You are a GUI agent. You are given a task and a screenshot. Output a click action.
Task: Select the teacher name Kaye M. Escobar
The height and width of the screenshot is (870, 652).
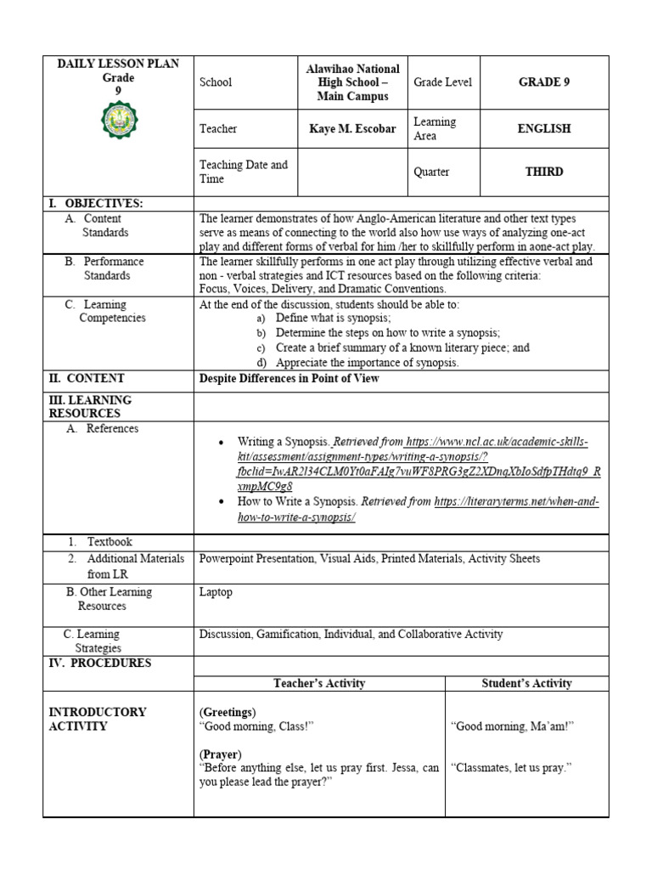[x=351, y=129]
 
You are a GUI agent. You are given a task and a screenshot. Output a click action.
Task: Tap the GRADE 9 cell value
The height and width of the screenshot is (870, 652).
[x=544, y=82]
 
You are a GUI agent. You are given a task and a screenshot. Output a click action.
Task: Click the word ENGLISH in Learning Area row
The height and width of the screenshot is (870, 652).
[x=544, y=129]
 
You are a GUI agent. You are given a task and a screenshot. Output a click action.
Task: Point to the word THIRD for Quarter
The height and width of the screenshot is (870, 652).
[x=544, y=172]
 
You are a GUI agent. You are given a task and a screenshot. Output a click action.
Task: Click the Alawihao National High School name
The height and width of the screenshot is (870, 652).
[x=351, y=82]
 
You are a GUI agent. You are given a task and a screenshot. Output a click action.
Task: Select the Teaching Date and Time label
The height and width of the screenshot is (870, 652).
[x=244, y=172]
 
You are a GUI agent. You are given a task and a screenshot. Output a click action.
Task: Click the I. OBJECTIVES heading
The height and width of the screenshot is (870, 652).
[x=96, y=203]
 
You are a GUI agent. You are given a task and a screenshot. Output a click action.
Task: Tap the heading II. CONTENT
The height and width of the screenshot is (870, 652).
[x=87, y=379]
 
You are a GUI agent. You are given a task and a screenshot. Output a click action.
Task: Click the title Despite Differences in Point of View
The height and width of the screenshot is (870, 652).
[x=289, y=379]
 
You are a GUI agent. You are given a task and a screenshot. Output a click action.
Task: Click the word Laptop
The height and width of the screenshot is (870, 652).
[x=216, y=592]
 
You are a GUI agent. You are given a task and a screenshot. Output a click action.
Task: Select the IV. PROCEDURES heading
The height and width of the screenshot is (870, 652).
[x=99, y=663]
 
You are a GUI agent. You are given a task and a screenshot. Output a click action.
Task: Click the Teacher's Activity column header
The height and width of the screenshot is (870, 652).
[x=319, y=683]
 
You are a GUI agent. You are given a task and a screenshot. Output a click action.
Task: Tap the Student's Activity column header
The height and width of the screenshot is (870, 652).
[x=526, y=683]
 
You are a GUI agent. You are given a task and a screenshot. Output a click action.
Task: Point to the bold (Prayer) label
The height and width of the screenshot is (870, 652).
[x=221, y=754]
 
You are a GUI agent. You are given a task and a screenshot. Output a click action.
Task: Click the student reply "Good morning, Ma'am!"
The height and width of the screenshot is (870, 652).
[x=512, y=726]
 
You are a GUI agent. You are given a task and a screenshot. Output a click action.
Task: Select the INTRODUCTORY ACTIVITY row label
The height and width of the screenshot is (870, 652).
[x=98, y=719]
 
